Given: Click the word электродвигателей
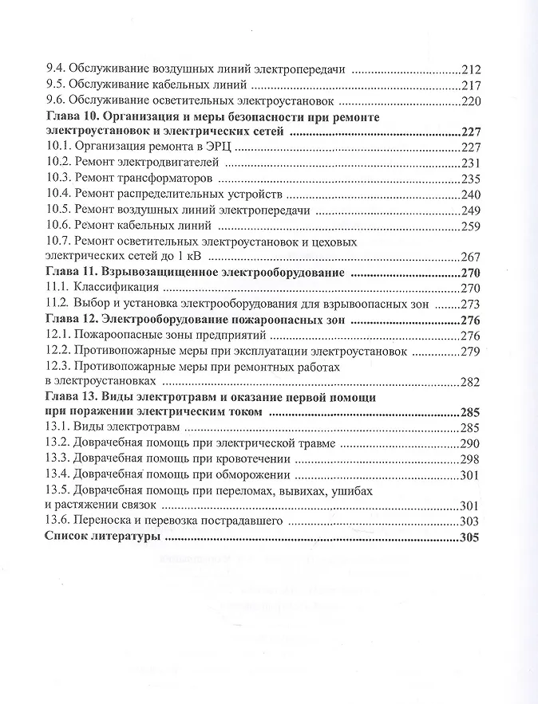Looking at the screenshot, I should pyautogui.click(x=171, y=162).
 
